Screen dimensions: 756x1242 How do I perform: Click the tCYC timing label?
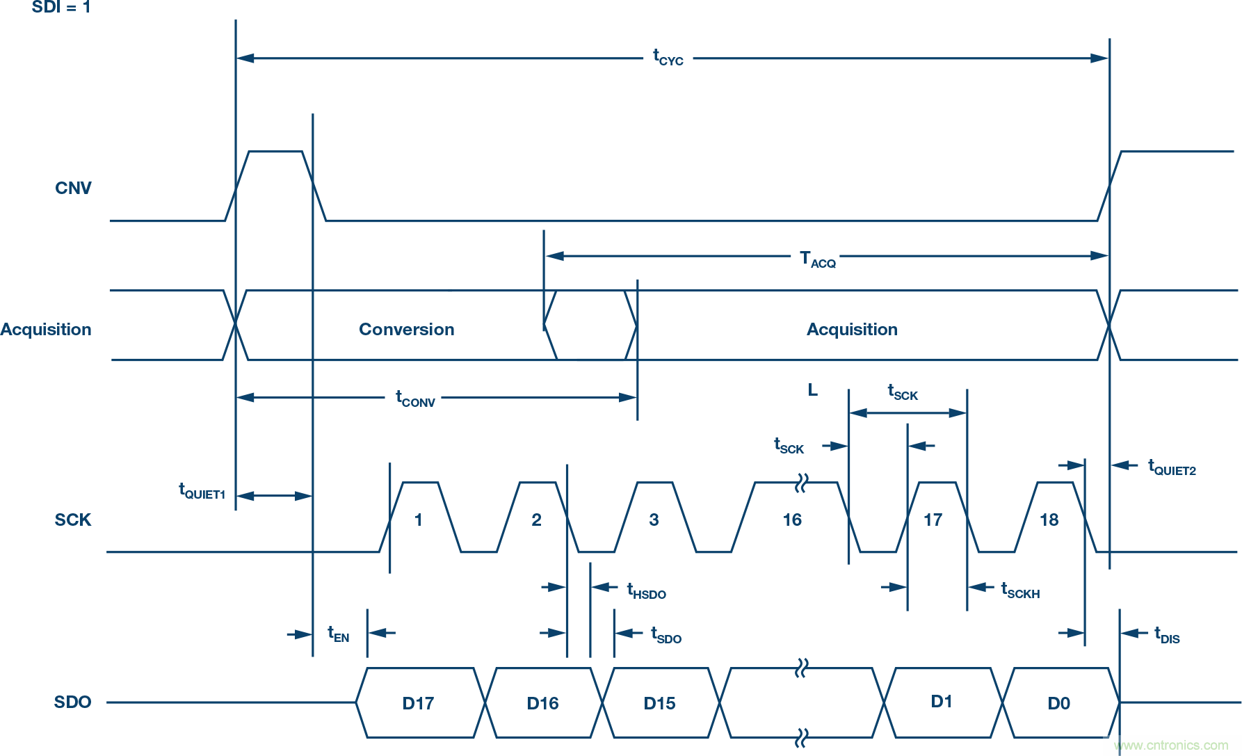(668, 58)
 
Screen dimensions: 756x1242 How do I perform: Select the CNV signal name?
(73, 188)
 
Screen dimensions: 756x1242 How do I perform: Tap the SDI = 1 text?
(61, 8)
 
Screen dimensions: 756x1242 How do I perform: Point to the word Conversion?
(406, 330)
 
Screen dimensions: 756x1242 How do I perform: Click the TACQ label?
(817, 259)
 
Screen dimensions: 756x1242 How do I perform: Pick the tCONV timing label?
(415, 399)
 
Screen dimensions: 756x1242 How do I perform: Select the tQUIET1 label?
(202, 491)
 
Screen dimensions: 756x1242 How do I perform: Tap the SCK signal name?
(73, 520)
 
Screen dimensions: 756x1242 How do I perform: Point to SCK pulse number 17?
(933, 520)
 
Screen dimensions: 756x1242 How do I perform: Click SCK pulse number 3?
(654, 520)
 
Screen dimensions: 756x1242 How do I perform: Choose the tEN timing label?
(339, 634)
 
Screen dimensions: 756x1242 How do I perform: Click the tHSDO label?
(646, 592)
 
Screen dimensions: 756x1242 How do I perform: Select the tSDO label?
(666, 636)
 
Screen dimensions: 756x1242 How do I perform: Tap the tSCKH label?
(1020, 591)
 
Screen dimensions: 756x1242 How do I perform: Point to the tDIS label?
(1167, 636)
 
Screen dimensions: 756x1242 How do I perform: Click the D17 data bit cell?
(418, 703)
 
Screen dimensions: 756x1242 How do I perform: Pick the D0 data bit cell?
(1058, 703)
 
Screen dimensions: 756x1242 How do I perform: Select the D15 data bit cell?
(659, 703)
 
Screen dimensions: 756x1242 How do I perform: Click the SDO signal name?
(73, 702)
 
